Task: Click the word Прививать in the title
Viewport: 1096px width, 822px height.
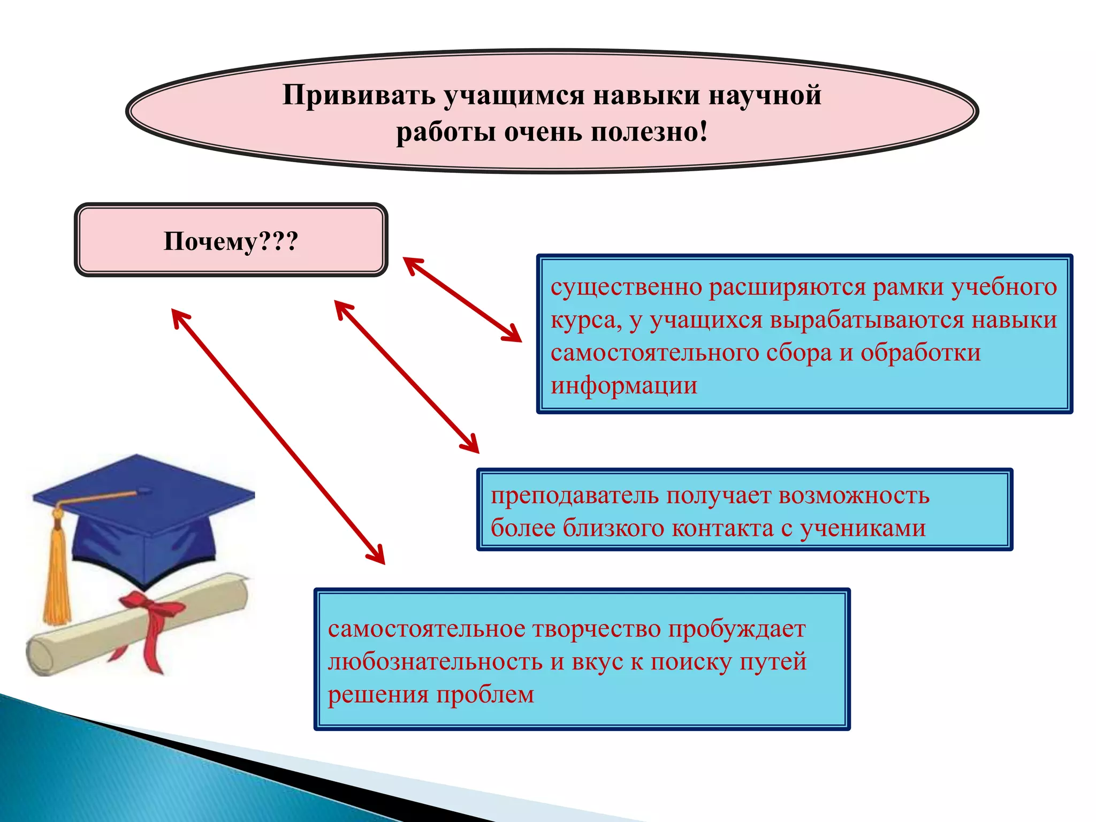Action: click(359, 95)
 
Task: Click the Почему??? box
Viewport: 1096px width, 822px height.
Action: click(231, 240)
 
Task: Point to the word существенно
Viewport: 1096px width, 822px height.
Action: click(626, 287)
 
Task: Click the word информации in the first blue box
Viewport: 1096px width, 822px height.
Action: click(624, 385)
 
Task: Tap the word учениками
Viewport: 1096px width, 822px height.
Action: click(863, 528)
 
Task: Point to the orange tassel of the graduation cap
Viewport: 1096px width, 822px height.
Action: click(56, 578)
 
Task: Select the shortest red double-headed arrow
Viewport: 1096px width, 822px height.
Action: click(462, 299)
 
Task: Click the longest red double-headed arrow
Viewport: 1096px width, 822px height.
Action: click(278, 437)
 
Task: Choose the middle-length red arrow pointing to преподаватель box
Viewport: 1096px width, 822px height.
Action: click(407, 377)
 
